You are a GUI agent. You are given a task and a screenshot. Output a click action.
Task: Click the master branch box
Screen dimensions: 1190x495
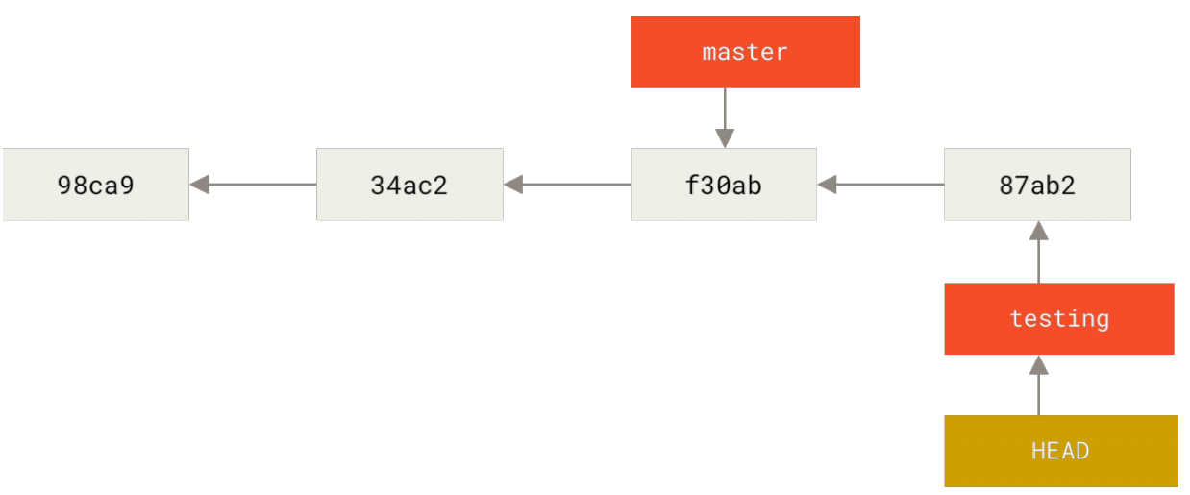coord(745,52)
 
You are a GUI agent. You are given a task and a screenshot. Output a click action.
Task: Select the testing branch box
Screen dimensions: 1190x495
coord(1058,319)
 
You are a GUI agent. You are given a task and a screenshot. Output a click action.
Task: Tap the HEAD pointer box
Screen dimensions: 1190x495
coord(1061,451)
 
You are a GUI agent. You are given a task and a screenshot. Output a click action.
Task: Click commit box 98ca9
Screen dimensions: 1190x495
coord(95,185)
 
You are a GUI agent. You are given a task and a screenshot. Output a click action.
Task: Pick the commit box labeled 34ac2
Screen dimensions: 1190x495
coord(409,185)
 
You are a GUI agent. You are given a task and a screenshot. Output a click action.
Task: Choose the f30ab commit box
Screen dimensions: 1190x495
coord(724,185)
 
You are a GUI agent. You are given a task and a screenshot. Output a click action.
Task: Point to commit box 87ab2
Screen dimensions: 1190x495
coord(1037,185)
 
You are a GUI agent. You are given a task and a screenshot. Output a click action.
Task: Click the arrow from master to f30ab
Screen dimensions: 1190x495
coord(725,118)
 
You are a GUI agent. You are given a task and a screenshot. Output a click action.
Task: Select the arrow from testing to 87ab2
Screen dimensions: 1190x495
coord(1038,252)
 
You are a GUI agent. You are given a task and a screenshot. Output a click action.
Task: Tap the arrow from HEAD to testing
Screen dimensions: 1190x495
coord(1038,385)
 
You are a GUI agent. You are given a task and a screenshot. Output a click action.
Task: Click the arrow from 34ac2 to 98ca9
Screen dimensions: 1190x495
coord(253,185)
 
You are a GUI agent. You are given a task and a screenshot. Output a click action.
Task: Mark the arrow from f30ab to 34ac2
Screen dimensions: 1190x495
coord(567,185)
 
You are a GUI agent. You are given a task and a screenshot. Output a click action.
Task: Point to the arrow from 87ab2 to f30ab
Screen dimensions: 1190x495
coord(880,185)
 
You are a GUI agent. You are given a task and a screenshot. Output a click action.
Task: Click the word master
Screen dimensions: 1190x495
coord(745,52)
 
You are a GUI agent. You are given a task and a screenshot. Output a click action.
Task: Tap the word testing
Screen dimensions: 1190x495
coord(1059,319)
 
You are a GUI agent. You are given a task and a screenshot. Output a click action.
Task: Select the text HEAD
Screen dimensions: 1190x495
coord(1060,451)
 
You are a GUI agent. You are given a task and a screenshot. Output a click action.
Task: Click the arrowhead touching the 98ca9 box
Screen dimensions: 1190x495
coord(199,185)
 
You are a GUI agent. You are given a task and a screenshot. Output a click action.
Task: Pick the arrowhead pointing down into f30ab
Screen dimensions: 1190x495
coord(725,138)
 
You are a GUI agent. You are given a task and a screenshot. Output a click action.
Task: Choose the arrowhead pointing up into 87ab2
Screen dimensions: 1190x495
coord(1038,231)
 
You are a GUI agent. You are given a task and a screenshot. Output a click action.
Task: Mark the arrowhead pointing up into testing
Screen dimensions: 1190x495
coord(1038,365)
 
